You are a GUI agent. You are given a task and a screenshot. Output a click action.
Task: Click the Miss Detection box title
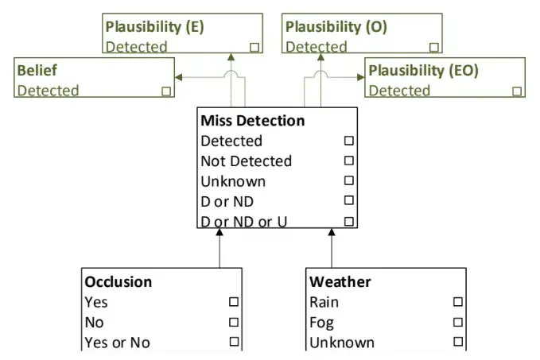[252, 121]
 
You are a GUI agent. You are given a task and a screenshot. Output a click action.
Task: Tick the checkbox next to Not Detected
[348, 161]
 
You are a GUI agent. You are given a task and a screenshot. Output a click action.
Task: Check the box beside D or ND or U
[348, 221]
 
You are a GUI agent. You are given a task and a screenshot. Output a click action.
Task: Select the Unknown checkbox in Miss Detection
[348, 180]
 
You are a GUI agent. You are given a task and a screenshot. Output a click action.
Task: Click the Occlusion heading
[118, 282]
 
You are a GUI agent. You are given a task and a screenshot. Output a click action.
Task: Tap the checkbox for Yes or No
[234, 343]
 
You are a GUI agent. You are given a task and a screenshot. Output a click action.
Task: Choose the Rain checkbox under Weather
[457, 302]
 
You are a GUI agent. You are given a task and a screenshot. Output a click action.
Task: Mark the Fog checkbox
[457, 323]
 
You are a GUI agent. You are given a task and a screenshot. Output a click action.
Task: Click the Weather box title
[340, 282]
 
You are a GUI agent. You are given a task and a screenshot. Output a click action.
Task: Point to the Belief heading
[37, 71]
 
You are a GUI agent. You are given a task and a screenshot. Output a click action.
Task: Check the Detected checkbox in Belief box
[166, 91]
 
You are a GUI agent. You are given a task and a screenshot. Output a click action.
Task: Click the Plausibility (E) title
[154, 27]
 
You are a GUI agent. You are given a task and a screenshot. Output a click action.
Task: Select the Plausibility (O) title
[336, 27]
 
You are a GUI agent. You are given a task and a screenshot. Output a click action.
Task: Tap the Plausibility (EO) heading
[423, 71]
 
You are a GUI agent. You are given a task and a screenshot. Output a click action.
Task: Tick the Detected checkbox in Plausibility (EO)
[517, 91]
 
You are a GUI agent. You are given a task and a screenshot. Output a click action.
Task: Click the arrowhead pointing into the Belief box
[179, 77]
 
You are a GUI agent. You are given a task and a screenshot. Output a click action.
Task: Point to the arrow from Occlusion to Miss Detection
[219, 250]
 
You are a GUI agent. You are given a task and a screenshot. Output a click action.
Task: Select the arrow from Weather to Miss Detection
[331, 250]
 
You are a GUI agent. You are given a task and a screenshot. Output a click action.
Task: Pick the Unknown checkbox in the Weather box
[457, 343]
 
